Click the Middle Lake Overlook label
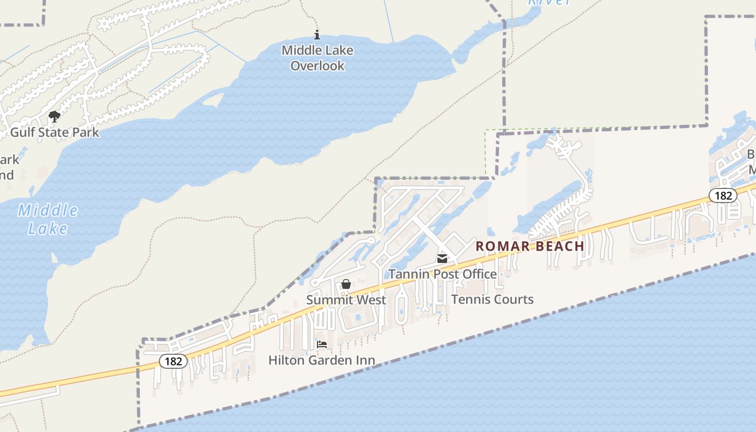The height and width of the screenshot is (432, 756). [x=318, y=58]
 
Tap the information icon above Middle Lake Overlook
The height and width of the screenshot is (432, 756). [x=317, y=36]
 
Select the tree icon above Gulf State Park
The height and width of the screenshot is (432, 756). [x=55, y=116]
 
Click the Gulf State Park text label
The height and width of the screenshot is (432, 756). [x=55, y=132]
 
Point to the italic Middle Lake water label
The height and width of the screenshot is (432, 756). [x=48, y=219]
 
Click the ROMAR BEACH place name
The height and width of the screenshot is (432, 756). [x=530, y=246]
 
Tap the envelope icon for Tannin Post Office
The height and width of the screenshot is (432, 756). [x=442, y=259]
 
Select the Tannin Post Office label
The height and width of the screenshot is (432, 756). [x=442, y=274]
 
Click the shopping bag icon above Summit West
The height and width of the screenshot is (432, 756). [x=346, y=284]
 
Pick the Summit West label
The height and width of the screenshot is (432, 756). [x=346, y=300]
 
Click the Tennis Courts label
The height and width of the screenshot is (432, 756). [x=492, y=299]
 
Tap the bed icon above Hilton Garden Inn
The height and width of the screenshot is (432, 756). [x=322, y=345]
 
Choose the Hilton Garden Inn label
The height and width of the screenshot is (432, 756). [x=322, y=360]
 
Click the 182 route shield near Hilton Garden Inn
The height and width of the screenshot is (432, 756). [x=173, y=361]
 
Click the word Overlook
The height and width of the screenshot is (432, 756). [x=318, y=66]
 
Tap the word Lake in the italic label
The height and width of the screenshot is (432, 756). [x=48, y=228]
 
